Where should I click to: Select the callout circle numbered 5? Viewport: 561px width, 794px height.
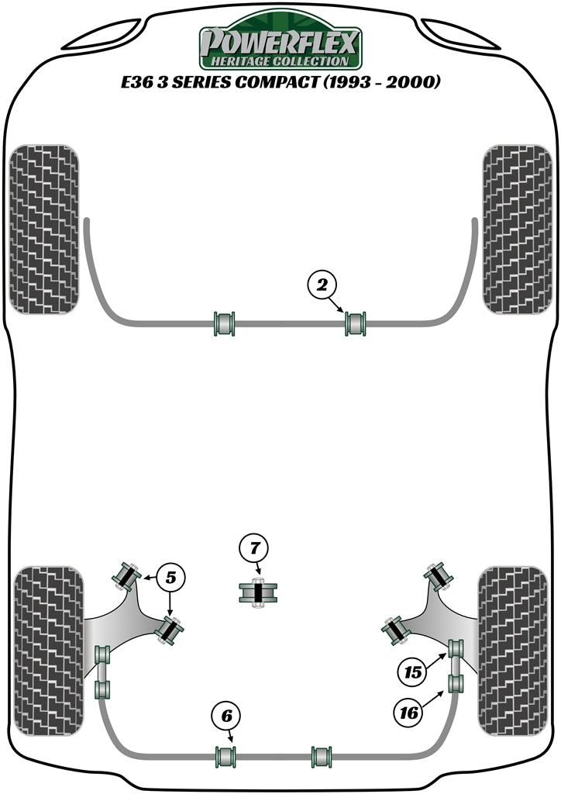[x=171, y=576]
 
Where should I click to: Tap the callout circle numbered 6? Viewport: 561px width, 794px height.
[x=225, y=716]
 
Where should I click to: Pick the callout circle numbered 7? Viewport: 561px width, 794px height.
[x=254, y=549]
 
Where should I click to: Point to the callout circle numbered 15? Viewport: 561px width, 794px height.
[x=415, y=672]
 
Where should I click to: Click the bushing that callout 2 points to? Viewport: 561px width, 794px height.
[x=356, y=323]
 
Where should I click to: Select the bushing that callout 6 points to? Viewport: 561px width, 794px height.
[x=225, y=754]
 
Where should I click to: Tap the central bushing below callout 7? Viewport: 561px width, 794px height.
[x=259, y=594]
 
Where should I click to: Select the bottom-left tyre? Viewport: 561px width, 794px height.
[x=48, y=650]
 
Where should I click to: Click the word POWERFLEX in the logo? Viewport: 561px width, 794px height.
[x=280, y=40]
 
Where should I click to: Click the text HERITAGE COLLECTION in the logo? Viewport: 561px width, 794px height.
[x=280, y=60]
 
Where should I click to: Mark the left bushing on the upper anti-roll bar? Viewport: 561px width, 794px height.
[x=224, y=323]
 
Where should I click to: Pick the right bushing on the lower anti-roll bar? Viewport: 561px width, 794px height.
[x=321, y=754]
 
